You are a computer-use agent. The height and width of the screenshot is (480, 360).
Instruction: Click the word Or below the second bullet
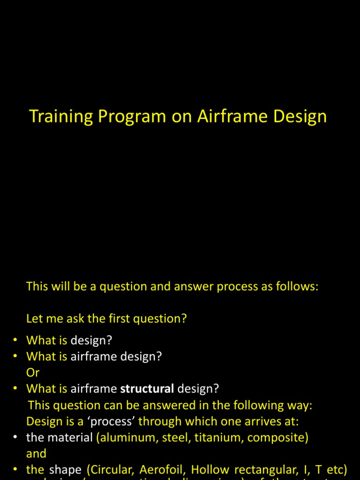(33, 373)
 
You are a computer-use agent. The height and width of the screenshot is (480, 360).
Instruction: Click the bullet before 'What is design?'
(15, 340)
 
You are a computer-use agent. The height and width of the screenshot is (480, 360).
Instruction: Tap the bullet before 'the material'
(15, 437)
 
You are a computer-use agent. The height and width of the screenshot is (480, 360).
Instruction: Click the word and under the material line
(36, 453)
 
